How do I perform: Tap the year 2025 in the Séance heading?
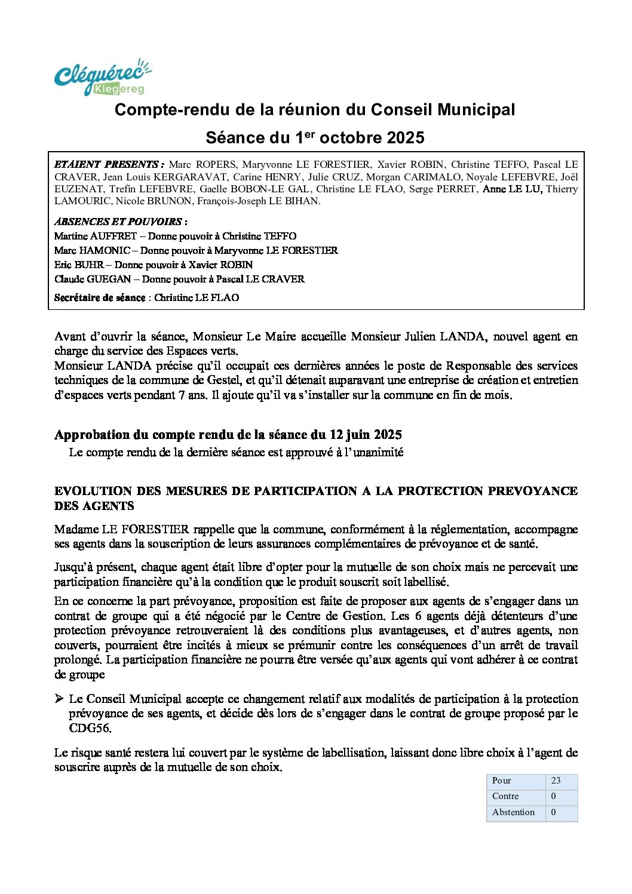405,138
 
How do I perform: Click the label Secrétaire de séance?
100,297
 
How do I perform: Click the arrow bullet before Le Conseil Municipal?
59,699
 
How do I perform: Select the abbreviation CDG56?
90,729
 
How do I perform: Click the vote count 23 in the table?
556,781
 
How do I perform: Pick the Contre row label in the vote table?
505,796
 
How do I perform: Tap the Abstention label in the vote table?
513,812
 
